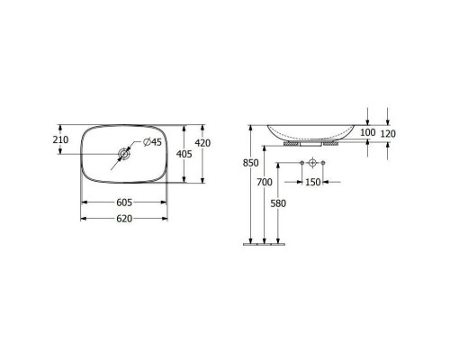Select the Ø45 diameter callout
[151, 141]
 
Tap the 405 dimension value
[185, 155]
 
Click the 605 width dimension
[124, 203]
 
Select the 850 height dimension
[251, 163]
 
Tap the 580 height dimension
[280, 202]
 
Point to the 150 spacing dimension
[312, 183]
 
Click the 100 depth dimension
[366, 133]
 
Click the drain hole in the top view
[122, 154]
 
